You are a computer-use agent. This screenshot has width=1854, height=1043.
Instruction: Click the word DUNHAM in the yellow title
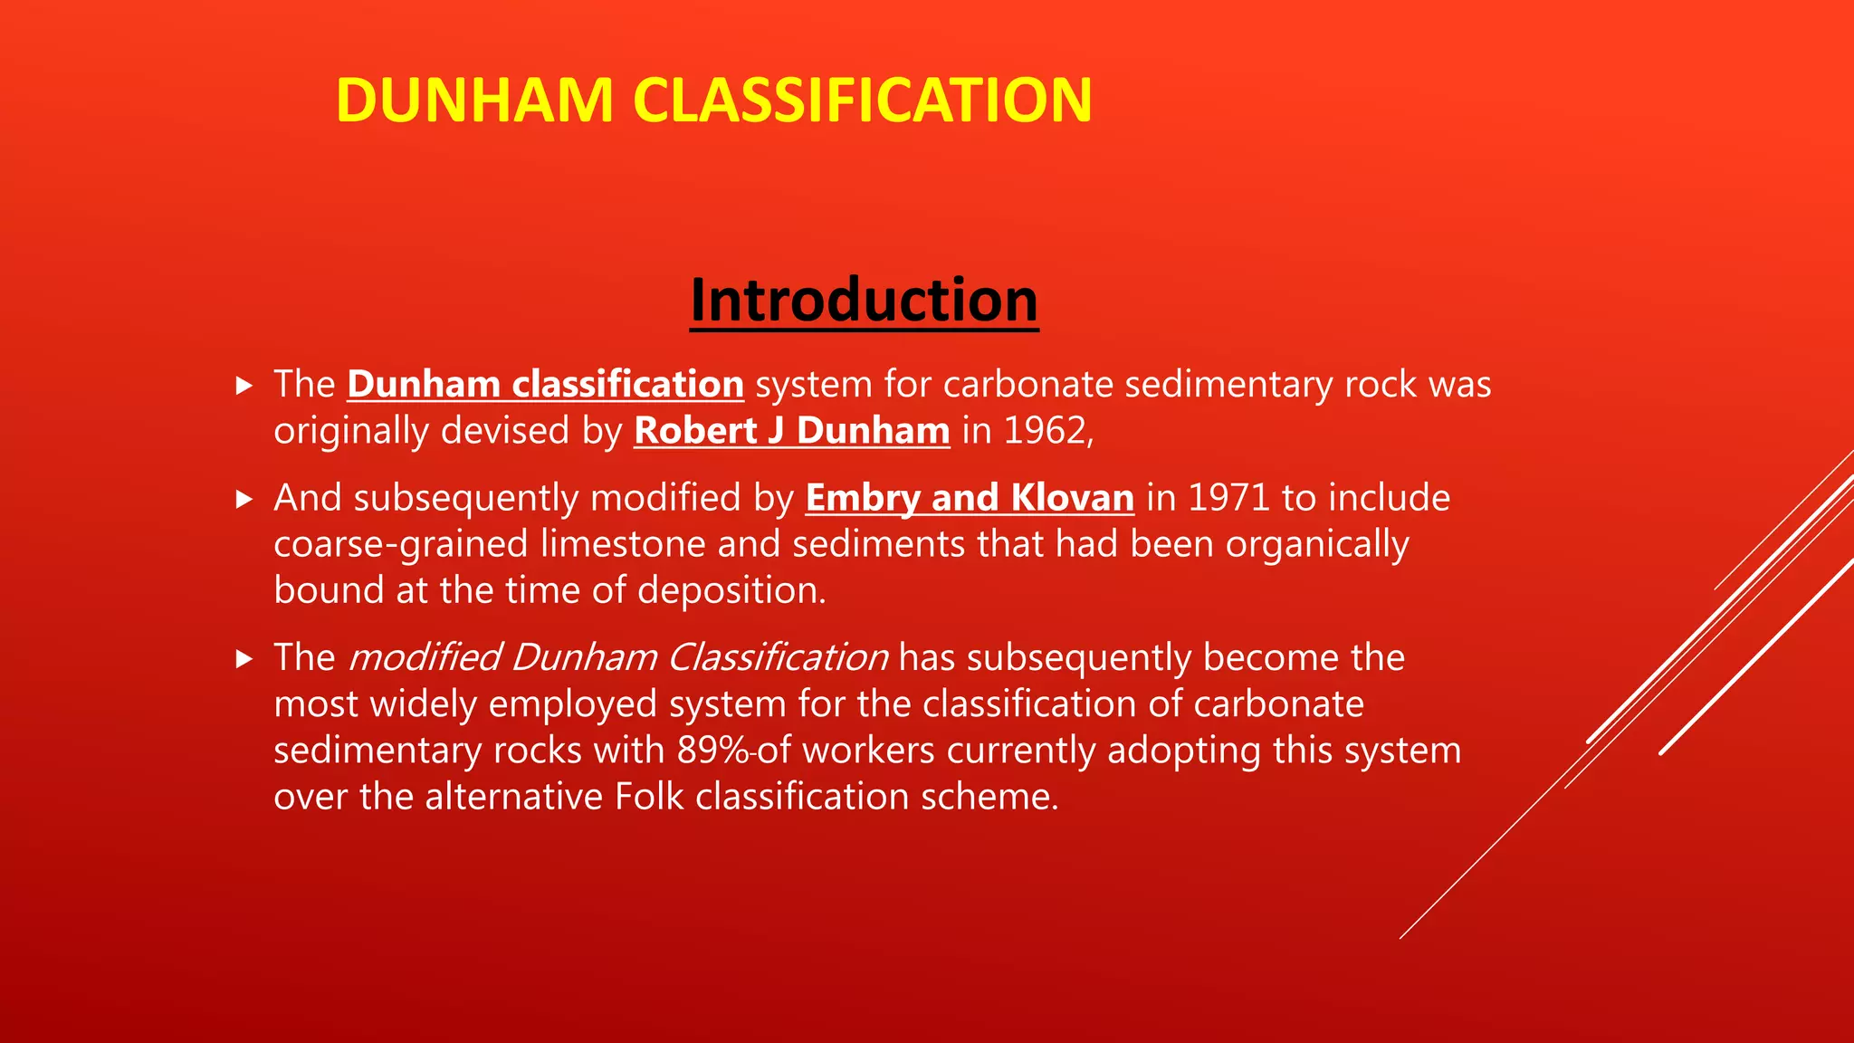pos(474,100)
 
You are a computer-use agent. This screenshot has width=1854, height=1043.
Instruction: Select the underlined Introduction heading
pos(864,301)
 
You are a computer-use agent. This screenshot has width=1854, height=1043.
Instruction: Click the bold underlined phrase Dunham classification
pos(545,385)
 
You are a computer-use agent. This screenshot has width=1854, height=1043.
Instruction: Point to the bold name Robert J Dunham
pos(791,431)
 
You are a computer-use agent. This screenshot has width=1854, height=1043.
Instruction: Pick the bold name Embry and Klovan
pos(970,499)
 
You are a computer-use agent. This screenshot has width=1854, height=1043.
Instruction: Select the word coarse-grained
pos(400,545)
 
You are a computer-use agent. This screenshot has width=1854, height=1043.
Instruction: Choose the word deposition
pos(731,591)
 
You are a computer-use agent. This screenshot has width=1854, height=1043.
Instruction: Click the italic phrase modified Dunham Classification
pos(618,658)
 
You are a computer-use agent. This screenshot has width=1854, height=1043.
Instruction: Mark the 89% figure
pos(712,751)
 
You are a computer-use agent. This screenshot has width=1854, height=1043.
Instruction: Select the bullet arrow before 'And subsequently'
pos(244,500)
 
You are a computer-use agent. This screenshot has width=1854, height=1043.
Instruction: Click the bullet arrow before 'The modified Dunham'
pos(244,659)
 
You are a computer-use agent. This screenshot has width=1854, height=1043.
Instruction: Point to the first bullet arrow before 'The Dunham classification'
pos(244,386)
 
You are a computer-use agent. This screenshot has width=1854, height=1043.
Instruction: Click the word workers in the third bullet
pos(868,751)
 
